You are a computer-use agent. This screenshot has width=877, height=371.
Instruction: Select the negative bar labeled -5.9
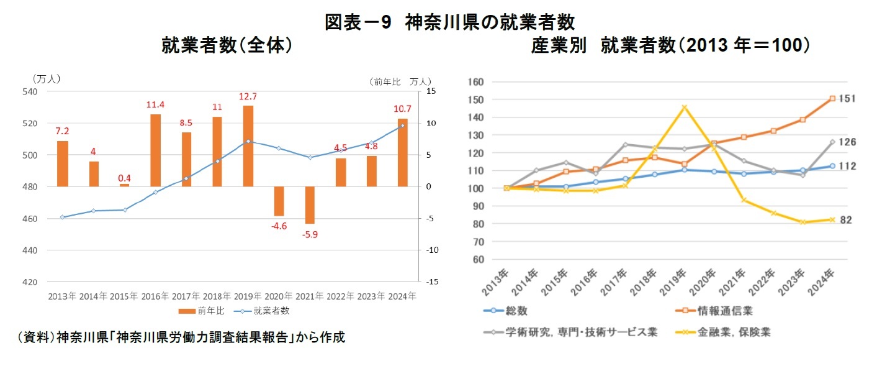point(310,205)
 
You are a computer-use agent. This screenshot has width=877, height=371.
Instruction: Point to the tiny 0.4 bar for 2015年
point(124,185)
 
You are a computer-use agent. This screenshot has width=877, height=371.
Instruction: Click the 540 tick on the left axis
point(30,91)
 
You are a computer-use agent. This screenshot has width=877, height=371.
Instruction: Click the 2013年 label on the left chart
point(62,296)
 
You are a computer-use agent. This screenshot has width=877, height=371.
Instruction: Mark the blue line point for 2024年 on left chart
point(402,126)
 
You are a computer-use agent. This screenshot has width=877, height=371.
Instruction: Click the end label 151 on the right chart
point(847,99)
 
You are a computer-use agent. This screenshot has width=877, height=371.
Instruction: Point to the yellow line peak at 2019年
point(684,107)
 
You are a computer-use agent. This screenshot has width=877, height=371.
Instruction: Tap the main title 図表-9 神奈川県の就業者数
point(450,22)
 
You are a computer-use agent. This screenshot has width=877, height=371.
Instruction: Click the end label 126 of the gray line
point(847,142)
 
